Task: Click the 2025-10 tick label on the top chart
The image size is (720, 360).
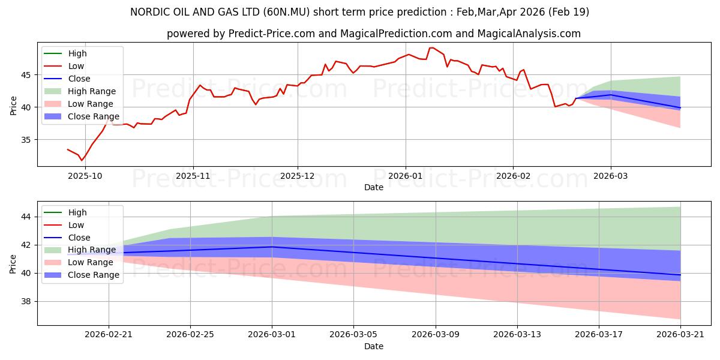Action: [x=85, y=176]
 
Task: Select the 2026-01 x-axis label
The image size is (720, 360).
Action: [x=406, y=176]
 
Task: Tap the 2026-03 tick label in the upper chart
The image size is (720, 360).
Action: [x=610, y=176]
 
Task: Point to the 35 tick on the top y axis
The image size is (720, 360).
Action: [x=26, y=140]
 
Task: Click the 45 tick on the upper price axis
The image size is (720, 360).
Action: [x=26, y=75]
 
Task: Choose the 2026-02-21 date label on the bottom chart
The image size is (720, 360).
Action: [x=109, y=335]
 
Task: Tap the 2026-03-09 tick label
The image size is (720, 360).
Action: [x=436, y=335]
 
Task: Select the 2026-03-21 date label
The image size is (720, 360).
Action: [x=680, y=335]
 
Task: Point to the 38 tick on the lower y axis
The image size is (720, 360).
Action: [x=26, y=301]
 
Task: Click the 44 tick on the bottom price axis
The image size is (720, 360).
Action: [x=26, y=217]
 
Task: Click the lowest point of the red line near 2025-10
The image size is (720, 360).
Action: [x=82, y=160]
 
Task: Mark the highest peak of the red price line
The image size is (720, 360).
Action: [x=431, y=47]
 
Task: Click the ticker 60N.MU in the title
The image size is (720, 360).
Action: [x=286, y=12]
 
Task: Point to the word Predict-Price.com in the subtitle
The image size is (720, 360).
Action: [x=271, y=34]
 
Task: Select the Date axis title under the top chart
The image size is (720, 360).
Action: [x=373, y=187]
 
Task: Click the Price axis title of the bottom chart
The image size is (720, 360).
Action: [x=13, y=264]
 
